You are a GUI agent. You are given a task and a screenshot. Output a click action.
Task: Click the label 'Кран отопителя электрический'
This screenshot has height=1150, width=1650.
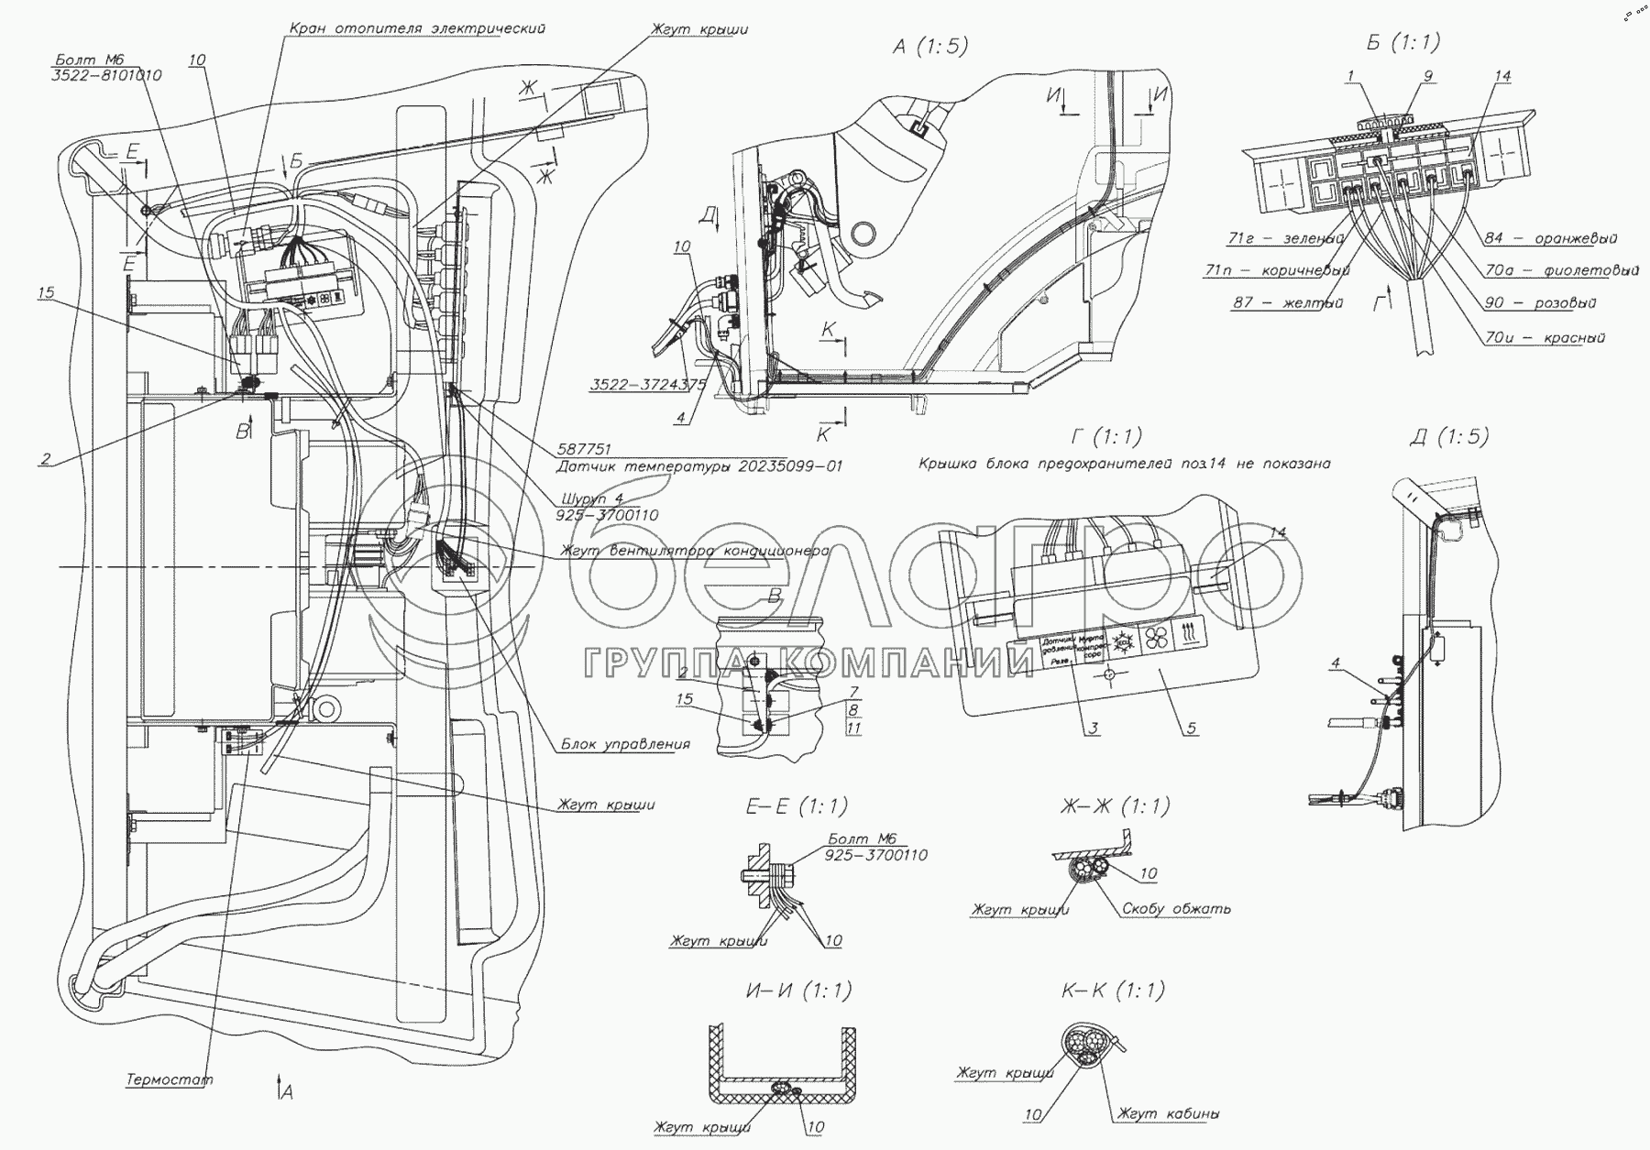pos(417,28)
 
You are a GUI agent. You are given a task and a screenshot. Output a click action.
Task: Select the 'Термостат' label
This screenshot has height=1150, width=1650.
pos(170,1079)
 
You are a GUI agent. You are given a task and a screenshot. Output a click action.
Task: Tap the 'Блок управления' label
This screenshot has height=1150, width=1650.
pos(625,744)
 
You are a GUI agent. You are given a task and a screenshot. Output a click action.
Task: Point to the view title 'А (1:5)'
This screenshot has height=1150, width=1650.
pos(929,47)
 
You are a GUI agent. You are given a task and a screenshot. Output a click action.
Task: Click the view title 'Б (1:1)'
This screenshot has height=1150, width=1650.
pos(1402,41)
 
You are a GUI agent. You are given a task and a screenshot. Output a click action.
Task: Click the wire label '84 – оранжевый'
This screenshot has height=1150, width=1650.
pos(1550,238)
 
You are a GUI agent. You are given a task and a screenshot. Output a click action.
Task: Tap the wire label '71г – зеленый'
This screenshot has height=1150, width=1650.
pos(1285,239)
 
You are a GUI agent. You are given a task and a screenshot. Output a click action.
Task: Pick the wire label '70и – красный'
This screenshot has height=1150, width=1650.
pos(1545,337)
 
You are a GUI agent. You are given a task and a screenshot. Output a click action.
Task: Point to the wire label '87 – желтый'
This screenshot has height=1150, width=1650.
pos(1288,302)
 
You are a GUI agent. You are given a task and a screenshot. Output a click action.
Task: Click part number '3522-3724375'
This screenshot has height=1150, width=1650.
pos(647,386)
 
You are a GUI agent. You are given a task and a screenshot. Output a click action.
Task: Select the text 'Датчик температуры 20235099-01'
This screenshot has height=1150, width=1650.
pos(699,466)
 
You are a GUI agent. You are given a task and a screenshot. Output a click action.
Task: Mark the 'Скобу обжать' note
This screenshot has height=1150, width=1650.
pos(1175,909)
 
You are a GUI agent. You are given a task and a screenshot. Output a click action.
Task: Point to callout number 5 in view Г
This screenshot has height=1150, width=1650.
pos(1191,728)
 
